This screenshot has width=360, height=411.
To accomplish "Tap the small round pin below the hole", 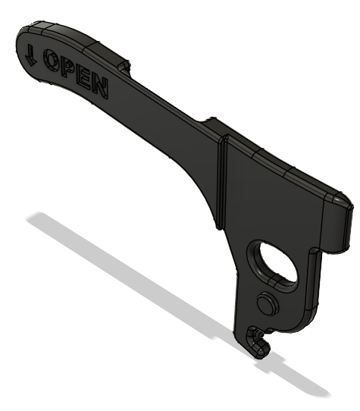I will [x=266, y=305].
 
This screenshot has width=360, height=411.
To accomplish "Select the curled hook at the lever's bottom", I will [x=259, y=340].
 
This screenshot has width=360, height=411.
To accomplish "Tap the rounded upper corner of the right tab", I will [x=335, y=195].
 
